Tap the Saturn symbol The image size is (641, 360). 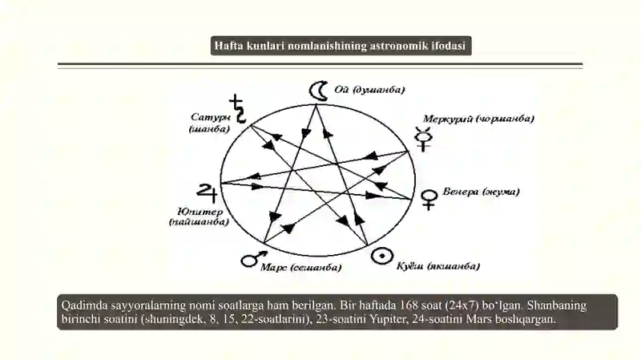click(x=238, y=109)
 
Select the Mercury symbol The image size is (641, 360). click(x=423, y=139)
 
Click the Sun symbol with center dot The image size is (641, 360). click(x=382, y=256)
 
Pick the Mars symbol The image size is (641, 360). click(x=253, y=259)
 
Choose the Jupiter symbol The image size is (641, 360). click(x=208, y=192)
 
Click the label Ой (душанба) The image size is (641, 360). click(x=369, y=90)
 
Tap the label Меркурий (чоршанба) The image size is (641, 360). click(x=478, y=119)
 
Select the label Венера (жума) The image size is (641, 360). click(x=481, y=192)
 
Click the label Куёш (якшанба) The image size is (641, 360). click(x=437, y=266)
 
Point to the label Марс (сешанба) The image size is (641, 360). click(x=301, y=268)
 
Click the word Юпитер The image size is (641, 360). click(x=200, y=212)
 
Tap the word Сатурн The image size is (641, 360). click(x=211, y=117)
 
